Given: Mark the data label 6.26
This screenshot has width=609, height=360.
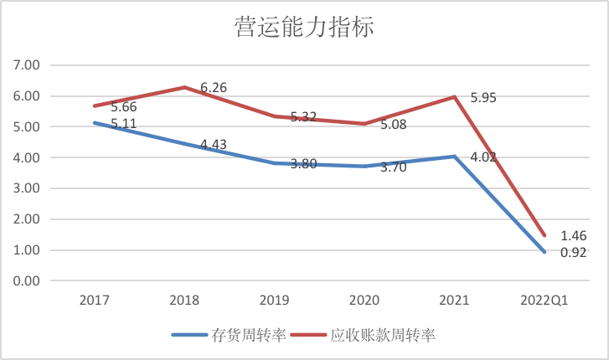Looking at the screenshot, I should coord(213,87).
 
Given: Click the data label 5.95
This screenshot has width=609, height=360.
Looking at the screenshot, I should coord(484,98).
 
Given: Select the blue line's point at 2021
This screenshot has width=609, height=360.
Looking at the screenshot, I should coord(454,157).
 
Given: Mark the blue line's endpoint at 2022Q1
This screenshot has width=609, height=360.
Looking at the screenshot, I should coord(544,252).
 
